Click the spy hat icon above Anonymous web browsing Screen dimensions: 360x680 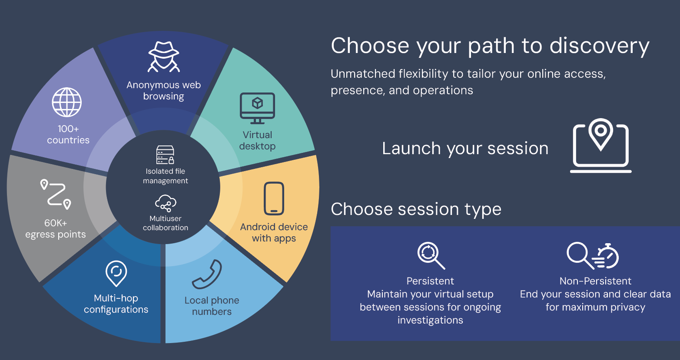163,57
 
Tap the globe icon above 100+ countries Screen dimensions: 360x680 67,102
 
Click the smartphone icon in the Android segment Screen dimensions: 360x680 274,198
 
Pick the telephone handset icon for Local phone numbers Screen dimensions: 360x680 207,274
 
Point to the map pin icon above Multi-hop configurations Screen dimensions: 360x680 116,273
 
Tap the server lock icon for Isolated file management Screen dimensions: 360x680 165,155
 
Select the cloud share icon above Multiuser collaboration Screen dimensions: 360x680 166,203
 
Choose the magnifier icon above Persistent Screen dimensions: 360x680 431,255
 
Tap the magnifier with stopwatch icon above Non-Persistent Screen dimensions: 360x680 593,255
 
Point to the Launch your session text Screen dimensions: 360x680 465,149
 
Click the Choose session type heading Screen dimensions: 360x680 416,209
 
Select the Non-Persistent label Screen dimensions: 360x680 595,281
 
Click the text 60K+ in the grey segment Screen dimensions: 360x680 56,223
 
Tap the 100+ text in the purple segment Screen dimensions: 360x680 68,129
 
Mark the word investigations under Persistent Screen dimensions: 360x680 430,320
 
